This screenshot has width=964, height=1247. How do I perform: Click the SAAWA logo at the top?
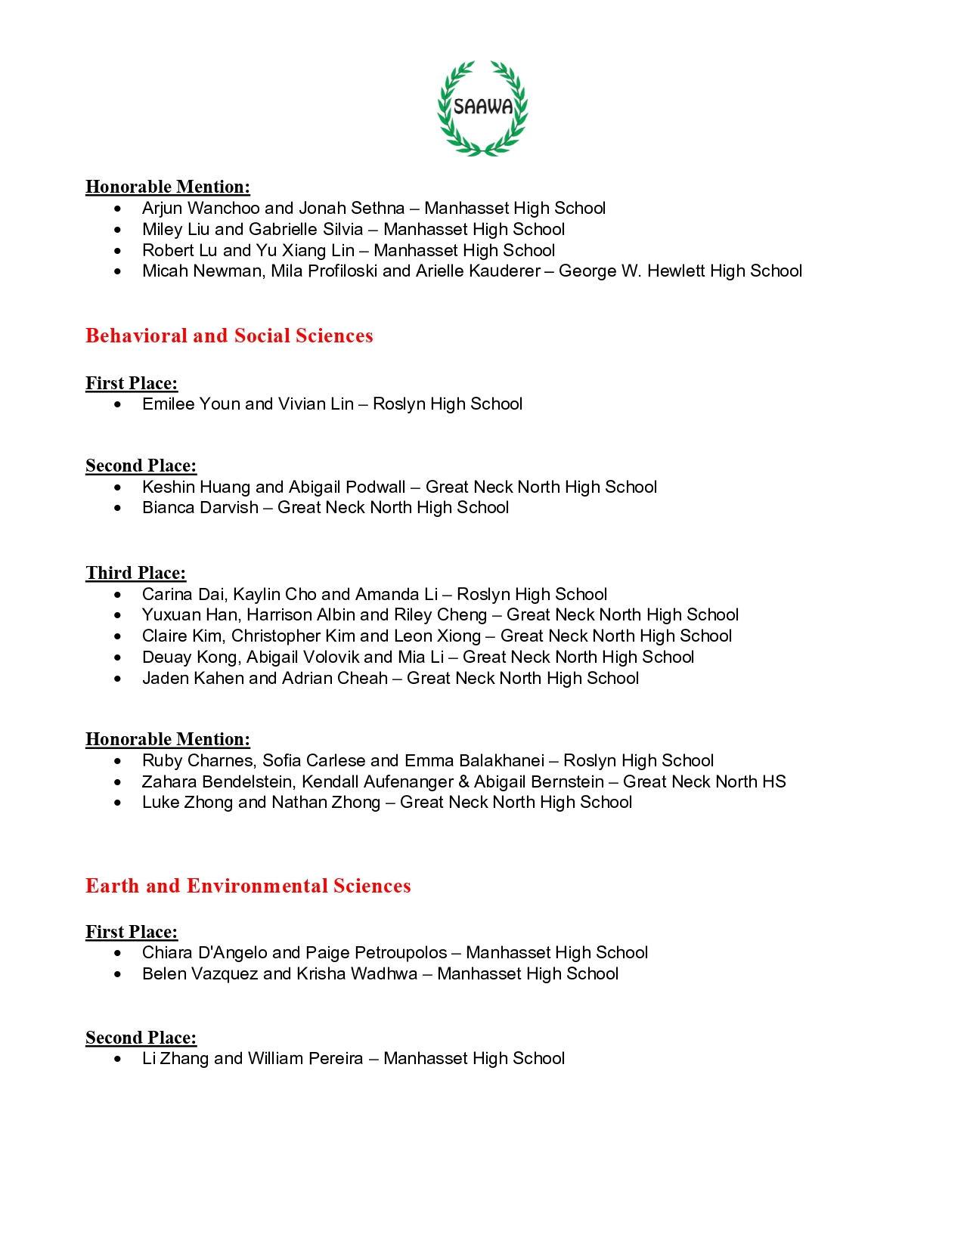(x=482, y=107)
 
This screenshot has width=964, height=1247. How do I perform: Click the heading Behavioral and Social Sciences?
(x=229, y=336)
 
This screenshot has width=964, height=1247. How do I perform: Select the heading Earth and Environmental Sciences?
(x=248, y=886)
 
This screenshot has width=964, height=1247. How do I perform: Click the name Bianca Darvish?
(x=200, y=508)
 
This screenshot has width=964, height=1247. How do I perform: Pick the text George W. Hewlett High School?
(x=680, y=271)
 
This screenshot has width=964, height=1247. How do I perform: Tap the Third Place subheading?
(x=135, y=573)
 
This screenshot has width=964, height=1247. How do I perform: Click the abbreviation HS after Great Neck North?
(x=774, y=782)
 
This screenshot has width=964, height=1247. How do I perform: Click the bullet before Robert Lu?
(x=117, y=251)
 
